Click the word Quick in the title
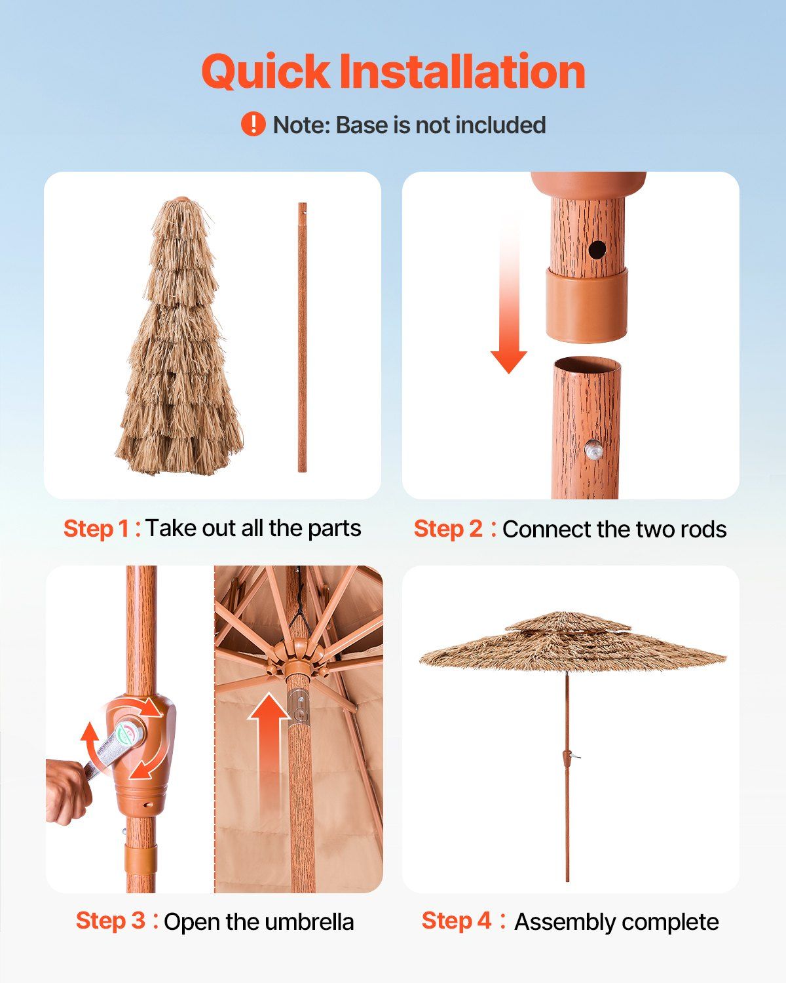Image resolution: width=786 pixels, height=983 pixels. pos(265,71)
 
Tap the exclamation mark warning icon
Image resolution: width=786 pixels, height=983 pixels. pos(253,125)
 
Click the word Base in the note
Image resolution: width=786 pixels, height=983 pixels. pos(362,125)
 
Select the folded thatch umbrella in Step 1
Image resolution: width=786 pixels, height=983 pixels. pos(179,336)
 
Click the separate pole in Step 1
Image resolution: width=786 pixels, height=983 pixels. pos(302,337)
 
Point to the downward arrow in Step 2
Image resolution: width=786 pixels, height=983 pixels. pos(509,297)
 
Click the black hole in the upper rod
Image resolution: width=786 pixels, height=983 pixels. pos(597,250)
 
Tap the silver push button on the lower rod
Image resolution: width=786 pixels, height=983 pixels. pos(593,450)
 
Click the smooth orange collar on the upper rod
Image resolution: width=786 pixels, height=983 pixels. pos(586,305)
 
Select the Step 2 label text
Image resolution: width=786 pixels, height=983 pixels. pos(448,529)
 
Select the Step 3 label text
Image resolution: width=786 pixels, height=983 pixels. pos(110,920)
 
